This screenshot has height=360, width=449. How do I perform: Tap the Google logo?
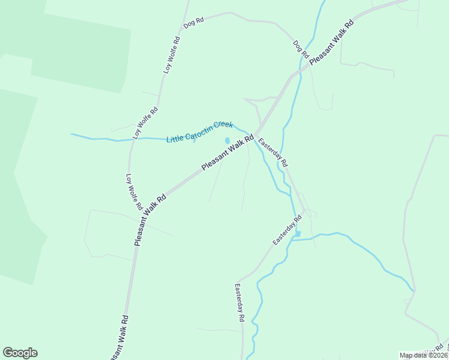20,353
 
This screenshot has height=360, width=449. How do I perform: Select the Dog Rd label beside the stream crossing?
300,49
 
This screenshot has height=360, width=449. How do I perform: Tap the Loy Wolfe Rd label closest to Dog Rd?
172,55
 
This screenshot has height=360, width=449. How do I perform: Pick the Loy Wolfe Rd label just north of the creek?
145,123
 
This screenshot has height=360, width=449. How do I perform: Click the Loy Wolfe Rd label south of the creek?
133,192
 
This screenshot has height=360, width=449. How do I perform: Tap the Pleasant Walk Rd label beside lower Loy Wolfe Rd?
150,218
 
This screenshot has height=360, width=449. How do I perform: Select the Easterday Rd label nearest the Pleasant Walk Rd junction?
274,153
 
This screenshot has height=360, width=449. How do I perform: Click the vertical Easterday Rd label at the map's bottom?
240,304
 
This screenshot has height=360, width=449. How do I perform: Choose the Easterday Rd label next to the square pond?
287,230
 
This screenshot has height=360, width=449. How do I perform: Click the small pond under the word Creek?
227,141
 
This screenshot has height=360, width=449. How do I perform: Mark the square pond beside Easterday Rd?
298,234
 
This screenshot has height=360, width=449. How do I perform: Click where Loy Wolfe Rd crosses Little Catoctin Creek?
131,140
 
